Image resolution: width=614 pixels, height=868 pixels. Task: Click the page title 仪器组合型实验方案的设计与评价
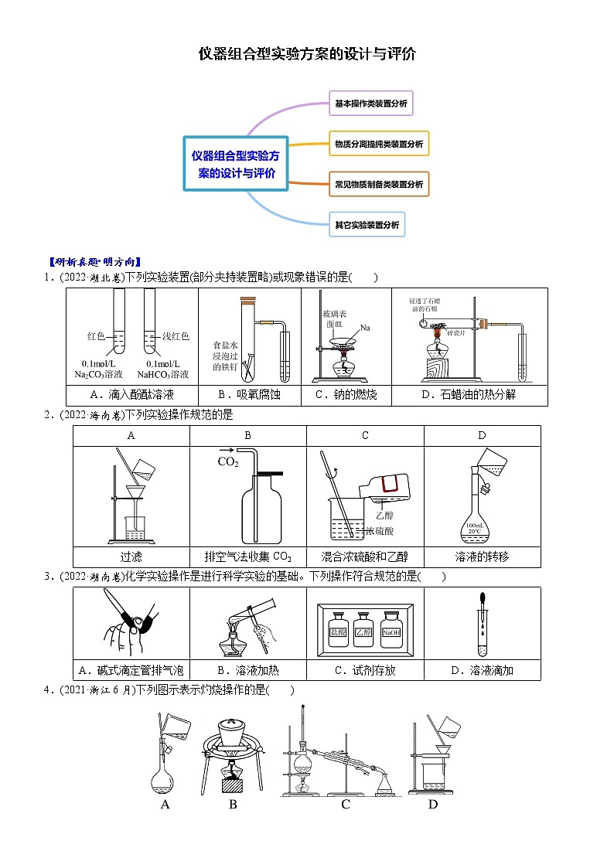click(x=307, y=53)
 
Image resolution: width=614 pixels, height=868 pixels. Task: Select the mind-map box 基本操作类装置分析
click(x=370, y=103)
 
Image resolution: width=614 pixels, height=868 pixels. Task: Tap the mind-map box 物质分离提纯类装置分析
click(x=378, y=144)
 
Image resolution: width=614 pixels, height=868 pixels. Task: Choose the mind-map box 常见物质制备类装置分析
click(x=378, y=185)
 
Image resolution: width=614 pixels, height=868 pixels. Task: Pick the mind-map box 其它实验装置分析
click(x=367, y=225)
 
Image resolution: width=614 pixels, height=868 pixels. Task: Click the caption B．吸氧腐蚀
click(x=248, y=395)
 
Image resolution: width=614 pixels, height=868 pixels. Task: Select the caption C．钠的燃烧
click(x=345, y=395)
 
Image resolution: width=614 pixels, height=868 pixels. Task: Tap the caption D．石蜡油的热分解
click(x=469, y=395)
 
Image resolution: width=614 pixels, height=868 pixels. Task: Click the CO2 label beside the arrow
click(x=227, y=462)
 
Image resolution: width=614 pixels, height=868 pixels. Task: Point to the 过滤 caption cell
click(x=131, y=557)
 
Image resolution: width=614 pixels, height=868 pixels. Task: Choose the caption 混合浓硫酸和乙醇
click(x=365, y=557)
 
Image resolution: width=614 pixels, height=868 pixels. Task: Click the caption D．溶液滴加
click(x=482, y=670)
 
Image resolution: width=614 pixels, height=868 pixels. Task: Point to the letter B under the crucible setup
click(x=233, y=805)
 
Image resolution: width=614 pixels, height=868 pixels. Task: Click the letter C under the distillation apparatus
click(x=346, y=805)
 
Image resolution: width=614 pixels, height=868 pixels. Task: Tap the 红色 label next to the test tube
click(x=96, y=336)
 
